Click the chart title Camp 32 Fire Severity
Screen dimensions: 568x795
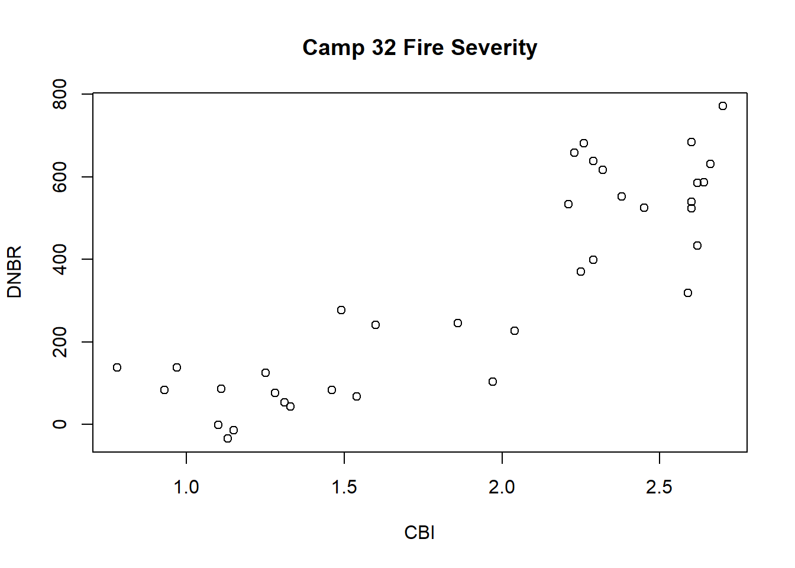pyautogui.click(x=419, y=47)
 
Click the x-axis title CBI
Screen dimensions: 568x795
pyautogui.click(x=419, y=532)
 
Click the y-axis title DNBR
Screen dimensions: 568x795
pyautogui.click(x=14, y=272)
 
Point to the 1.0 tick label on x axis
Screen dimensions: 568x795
pyautogui.click(x=186, y=487)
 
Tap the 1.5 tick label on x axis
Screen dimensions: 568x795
pyautogui.click(x=344, y=487)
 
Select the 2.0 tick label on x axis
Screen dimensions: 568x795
pyautogui.click(x=502, y=487)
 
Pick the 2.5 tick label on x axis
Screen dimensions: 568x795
pyautogui.click(x=659, y=487)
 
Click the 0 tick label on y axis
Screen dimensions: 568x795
pyautogui.click(x=60, y=424)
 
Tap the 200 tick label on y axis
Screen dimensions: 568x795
pyautogui.click(x=60, y=342)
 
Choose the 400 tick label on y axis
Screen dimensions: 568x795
pyautogui.click(x=60, y=259)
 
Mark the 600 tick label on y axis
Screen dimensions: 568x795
pyautogui.click(x=60, y=177)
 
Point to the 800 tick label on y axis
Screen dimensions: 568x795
pyautogui.click(x=60, y=95)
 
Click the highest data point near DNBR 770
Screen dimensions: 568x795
pyautogui.click(x=722, y=106)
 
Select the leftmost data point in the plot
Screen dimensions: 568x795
pyautogui.click(x=117, y=367)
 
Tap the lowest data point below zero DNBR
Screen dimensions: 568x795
pyautogui.click(x=228, y=438)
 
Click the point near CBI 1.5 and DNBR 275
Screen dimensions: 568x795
pyautogui.click(x=341, y=310)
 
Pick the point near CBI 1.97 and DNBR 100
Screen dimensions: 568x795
pyautogui.click(x=493, y=382)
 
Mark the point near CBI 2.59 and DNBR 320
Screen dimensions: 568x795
pyautogui.click(x=688, y=293)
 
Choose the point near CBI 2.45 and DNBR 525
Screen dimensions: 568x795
pyautogui.click(x=644, y=208)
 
